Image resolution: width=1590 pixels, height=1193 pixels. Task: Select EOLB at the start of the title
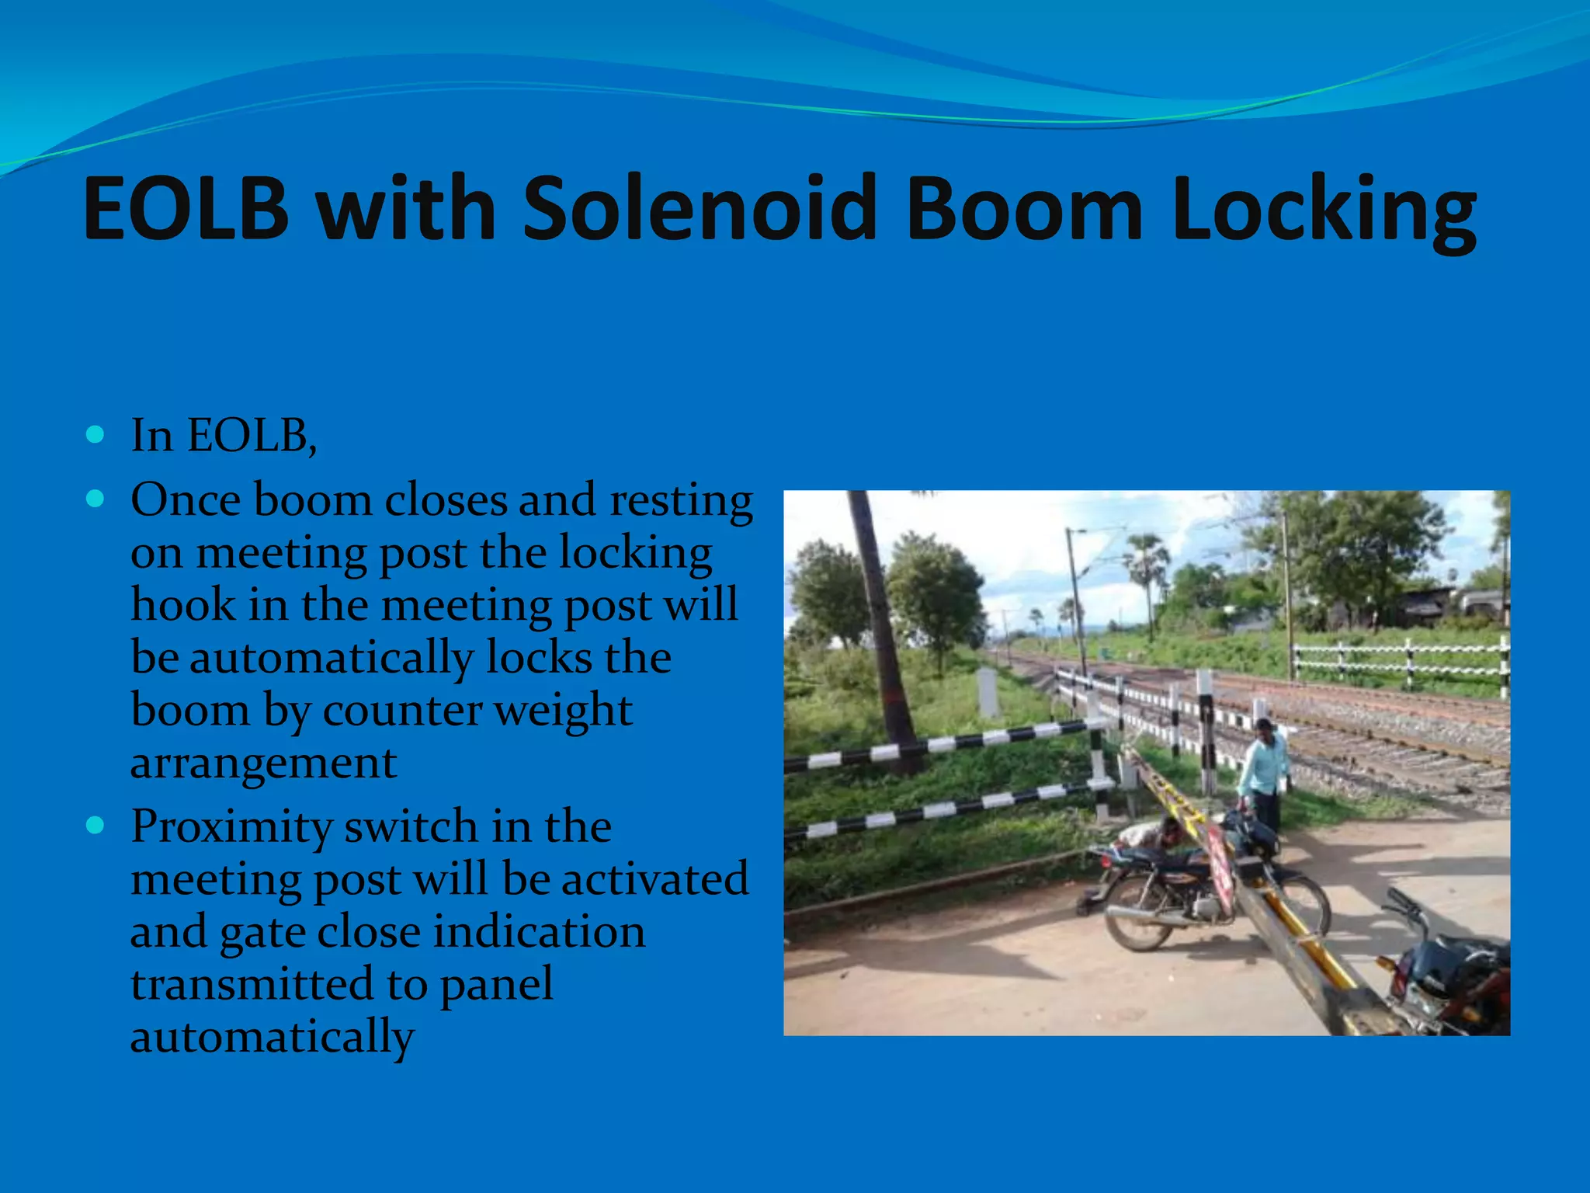186,208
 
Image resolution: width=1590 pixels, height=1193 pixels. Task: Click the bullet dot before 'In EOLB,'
95,434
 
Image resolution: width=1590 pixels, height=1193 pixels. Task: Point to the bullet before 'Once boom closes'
95,499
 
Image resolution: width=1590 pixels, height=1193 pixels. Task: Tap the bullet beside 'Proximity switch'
95,825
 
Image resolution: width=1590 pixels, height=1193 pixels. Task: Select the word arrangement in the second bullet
264,763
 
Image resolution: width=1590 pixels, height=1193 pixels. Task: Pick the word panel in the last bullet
497,984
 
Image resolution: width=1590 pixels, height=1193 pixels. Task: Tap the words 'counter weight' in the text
477,710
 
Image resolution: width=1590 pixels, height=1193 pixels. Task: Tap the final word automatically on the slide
272,1037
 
